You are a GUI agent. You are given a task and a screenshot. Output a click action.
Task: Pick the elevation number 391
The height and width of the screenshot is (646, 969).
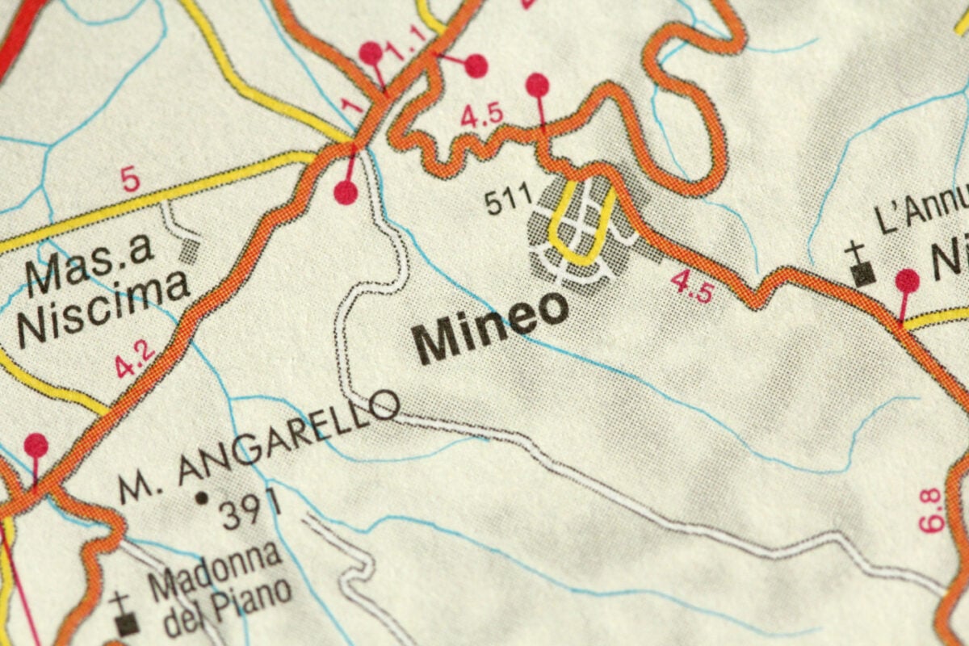pos(251,509)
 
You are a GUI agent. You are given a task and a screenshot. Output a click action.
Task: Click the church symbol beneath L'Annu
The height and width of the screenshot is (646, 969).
pos(862,268)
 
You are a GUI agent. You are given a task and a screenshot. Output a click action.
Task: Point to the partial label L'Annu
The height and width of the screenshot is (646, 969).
pos(921,212)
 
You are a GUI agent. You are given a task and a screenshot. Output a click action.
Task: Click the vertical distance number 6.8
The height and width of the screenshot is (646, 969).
pos(933,510)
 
